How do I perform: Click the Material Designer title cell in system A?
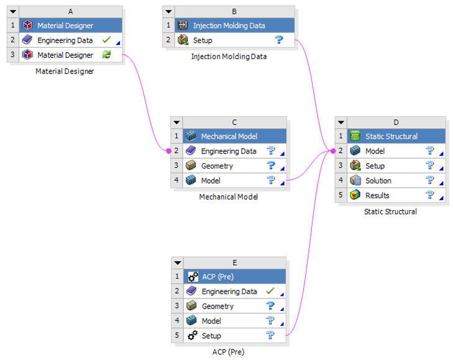pyautogui.click(x=65, y=25)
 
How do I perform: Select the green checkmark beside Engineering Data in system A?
pyautogui.click(x=106, y=40)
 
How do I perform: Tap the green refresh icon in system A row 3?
pyautogui.click(x=106, y=55)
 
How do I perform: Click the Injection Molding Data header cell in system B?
pyautogui.click(x=229, y=25)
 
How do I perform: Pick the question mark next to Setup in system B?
pyautogui.click(x=279, y=40)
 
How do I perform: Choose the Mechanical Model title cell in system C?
pyautogui.click(x=229, y=136)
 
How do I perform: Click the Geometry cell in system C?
pyautogui.click(x=217, y=166)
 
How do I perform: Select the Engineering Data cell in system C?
pyautogui.click(x=228, y=151)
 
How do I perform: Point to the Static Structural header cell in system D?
pyautogui.click(x=391, y=136)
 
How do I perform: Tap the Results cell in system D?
pyautogui.click(x=377, y=196)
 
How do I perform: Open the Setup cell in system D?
pyautogui.click(x=375, y=166)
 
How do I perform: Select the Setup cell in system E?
pyautogui.click(x=211, y=336)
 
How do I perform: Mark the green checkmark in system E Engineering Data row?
pyautogui.click(x=270, y=291)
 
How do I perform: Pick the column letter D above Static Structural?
pyautogui.click(x=396, y=122)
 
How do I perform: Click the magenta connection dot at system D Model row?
pyautogui.click(x=333, y=151)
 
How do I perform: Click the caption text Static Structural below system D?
pyautogui.click(x=390, y=211)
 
